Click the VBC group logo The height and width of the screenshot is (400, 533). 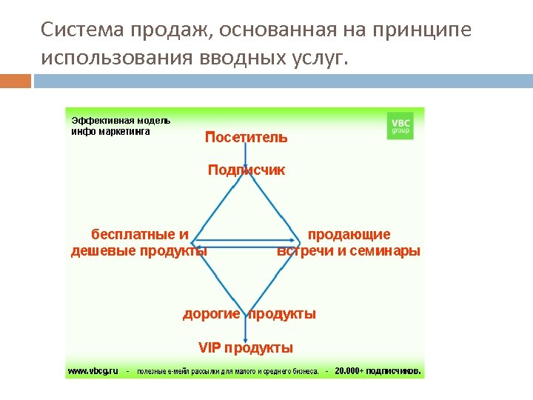click(x=400, y=125)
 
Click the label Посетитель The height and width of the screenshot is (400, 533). click(x=247, y=137)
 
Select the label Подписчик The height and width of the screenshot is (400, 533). click(x=247, y=170)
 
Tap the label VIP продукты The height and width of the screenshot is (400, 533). click(x=246, y=348)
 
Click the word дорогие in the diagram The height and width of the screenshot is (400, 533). click(x=212, y=314)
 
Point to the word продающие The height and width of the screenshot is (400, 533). click(x=349, y=235)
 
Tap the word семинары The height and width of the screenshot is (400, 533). click(x=389, y=251)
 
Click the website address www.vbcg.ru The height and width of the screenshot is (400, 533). click(x=93, y=370)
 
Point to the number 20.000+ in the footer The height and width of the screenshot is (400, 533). click(x=349, y=370)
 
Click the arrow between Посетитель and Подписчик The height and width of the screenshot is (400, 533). click(x=246, y=154)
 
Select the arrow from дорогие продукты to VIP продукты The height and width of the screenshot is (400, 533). click(x=246, y=331)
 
